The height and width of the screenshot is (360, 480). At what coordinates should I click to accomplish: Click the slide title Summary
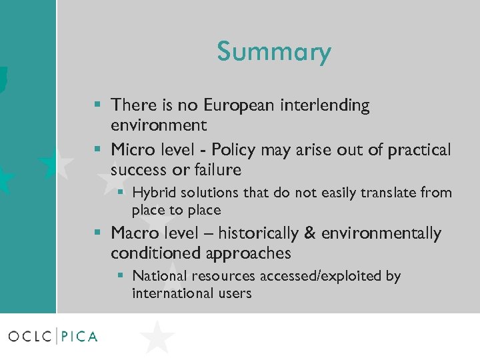coord(273,52)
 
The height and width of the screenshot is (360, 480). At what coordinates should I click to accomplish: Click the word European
coord(235,105)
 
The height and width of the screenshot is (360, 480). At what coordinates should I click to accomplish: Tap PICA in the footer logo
coord(80,337)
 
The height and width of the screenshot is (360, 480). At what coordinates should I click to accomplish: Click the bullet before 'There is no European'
coord(98,105)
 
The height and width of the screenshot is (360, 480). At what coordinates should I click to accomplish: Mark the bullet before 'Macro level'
coord(98,233)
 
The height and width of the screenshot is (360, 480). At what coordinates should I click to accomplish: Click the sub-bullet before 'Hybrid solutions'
coord(121,192)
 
